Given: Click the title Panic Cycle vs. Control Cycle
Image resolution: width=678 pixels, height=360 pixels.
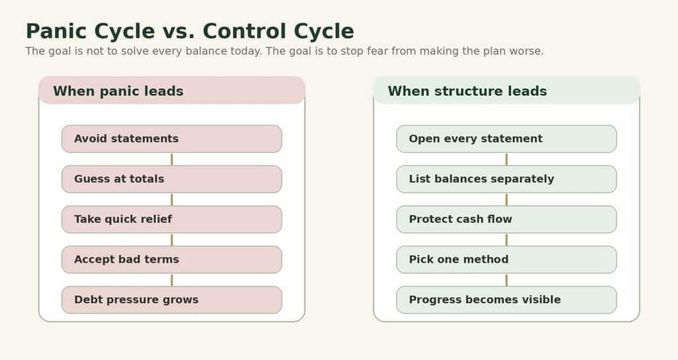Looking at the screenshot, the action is (x=190, y=31).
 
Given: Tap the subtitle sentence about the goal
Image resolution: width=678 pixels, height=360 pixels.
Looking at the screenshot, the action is (x=285, y=51).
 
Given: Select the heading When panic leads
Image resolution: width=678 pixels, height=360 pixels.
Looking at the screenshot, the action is (x=118, y=91).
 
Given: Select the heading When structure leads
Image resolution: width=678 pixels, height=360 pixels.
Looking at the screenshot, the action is (x=467, y=91).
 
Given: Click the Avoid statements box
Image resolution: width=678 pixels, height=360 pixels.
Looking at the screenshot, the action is (x=171, y=139).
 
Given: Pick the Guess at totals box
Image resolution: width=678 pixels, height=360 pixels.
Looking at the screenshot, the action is (x=171, y=179).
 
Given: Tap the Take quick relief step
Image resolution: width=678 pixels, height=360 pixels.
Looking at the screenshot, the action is (x=171, y=219).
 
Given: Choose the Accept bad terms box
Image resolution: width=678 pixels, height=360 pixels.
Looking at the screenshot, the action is (x=171, y=259).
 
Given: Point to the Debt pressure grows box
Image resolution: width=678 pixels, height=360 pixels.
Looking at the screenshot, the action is (x=171, y=300).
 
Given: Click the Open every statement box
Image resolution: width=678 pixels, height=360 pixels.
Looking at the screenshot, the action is (x=507, y=139).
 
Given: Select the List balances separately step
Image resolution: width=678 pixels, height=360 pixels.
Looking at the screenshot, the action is (x=507, y=179).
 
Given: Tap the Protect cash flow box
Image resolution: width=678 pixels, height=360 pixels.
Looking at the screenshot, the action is (x=507, y=219).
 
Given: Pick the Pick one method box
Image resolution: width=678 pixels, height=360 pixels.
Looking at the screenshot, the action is (x=507, y=259).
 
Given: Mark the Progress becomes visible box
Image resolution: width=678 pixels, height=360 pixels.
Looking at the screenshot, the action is (x=507, y=300).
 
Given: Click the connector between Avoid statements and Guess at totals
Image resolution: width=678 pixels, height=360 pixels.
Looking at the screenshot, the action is (x=171, y=159).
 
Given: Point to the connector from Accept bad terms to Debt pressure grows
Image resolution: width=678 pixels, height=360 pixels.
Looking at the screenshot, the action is (x=171, y=280).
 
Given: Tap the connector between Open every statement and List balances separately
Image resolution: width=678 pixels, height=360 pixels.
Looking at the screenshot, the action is (x=507, y=159).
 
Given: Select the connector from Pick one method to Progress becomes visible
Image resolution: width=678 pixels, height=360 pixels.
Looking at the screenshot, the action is (x=507, y=280).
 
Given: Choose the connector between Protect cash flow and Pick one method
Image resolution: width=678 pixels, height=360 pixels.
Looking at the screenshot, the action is (x=507, y=240).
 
